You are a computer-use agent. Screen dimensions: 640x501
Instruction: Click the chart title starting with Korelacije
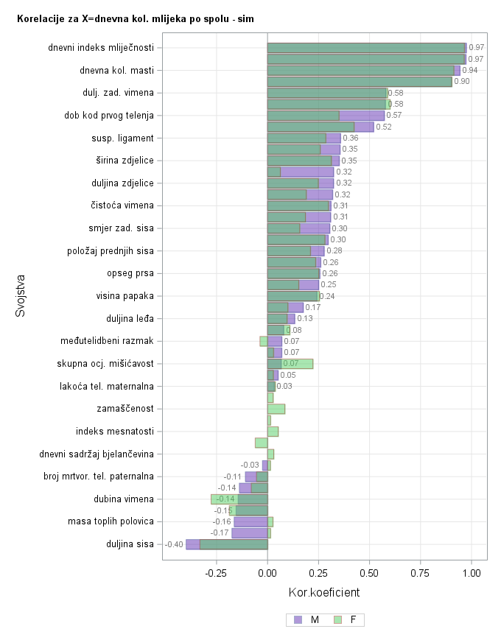[136, 18]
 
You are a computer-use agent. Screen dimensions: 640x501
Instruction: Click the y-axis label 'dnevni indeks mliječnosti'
[101, 48]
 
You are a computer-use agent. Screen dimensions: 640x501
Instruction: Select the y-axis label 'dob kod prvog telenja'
[109, 116]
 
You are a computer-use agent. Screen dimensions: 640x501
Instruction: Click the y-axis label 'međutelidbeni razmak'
[107, 341]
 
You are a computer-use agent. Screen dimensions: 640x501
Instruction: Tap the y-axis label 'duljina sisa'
[130, 544]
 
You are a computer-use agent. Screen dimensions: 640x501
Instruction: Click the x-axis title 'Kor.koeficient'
[324, 592]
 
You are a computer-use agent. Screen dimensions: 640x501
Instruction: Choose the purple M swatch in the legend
[298, 620]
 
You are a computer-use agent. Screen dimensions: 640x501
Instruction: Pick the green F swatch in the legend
[338, 620]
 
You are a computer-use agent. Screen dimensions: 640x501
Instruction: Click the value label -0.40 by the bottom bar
[174, 545]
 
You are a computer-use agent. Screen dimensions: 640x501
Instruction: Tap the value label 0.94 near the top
[470, 70]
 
